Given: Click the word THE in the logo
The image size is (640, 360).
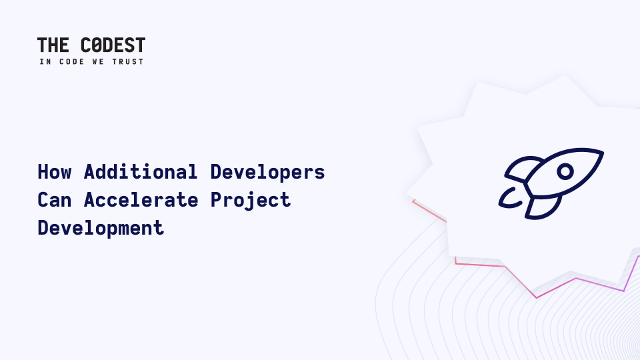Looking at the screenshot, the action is [x=53, y=45].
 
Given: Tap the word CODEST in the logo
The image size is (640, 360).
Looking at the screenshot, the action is [x=113, y=45].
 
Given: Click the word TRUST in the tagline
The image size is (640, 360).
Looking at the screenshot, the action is [x=128, y=61].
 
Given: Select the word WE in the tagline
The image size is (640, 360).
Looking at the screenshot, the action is [x=98, y=61].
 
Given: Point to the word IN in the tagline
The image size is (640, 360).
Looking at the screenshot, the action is [x=45, y=61].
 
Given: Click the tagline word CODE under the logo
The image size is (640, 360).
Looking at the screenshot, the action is [x=72, y=61].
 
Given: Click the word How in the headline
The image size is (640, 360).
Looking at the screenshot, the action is [x=55, y=172].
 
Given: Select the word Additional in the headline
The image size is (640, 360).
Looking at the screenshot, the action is [x=141, y=172].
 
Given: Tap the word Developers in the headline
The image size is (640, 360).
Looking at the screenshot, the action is [x=268, y=173].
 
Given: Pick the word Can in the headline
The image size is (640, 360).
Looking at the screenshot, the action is [x=55, y=200].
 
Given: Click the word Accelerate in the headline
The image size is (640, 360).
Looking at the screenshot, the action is [x=141, y=200].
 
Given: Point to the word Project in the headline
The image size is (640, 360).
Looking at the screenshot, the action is [x=251, y=201].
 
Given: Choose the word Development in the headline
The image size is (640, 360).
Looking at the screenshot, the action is [x=101, y=228].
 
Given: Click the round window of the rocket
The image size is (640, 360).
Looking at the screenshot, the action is [x=565, y=171].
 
